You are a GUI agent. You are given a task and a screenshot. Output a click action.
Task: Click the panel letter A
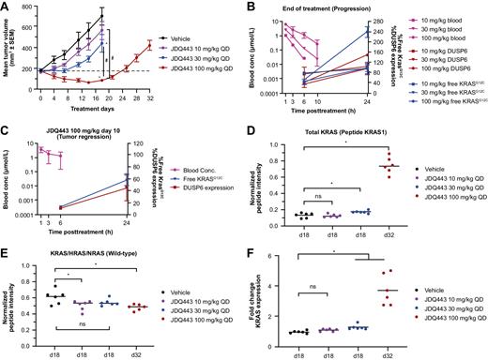click(x=6, y=7)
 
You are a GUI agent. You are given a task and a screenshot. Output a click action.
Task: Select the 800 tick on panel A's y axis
click(x=27, y=8)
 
